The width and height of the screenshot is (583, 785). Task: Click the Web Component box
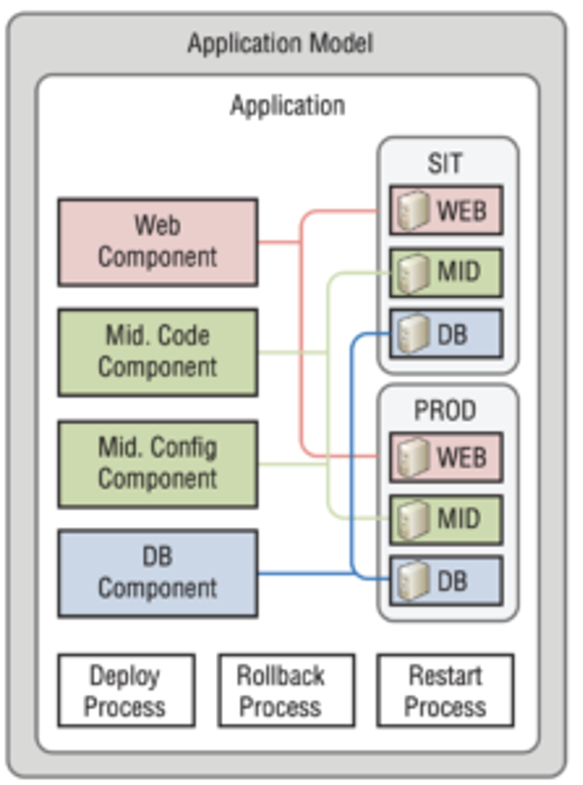click(157, 242)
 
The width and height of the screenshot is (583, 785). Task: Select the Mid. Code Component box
click(157, 352)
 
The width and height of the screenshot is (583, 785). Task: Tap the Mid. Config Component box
click(157, 464)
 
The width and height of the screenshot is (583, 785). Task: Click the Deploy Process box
click(126, 690)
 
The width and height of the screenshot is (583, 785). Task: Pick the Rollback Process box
click(286, 690)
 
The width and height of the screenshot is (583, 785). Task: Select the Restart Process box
click(445, 690)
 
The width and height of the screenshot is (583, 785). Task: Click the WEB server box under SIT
click(446, 210)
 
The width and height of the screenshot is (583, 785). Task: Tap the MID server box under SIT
click(446, 272)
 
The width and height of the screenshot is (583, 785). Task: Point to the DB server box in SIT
click(446, 334)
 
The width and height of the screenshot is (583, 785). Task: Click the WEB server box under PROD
click(446, 457)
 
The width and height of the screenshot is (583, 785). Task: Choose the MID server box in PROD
click(446, 519)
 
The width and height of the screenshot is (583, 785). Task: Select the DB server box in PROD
click(446, 581)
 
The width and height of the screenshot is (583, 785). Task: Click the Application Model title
click(280, 45)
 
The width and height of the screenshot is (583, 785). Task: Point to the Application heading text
click(287, 105)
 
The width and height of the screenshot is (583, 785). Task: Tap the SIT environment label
click(444, 164)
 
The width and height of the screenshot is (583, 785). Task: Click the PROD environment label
click(445, 410)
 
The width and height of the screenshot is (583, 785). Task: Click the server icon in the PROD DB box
click(413, 581)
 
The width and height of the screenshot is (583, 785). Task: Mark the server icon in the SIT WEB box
click(413, 210)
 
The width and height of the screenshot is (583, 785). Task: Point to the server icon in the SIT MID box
click(413, 272)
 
